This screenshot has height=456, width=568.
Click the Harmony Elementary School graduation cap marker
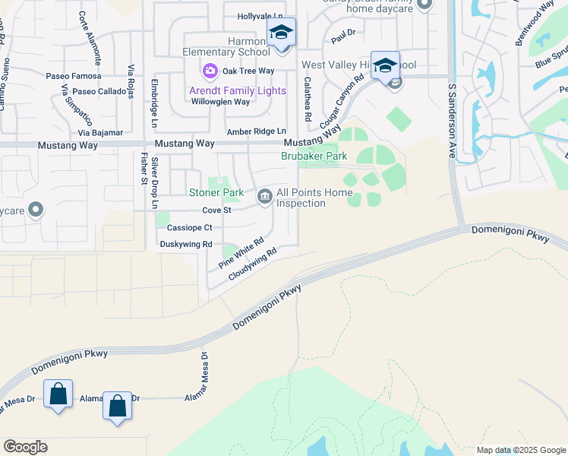(281, 33)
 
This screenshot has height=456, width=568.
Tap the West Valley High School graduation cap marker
(385, 65)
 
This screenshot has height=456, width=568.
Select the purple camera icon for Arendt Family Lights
(210, 71)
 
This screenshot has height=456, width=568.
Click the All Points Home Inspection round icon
(264, 197)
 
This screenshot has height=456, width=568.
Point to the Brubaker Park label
(314, 156)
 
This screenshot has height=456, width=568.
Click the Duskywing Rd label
(186, 244)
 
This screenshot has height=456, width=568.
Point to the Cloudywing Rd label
(254, 263)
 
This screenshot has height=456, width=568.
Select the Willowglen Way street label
(220, 102)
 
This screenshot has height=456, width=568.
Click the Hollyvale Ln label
(260, 16)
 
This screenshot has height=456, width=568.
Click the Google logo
(25, 447)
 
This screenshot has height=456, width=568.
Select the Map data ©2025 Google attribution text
(520, 450)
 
